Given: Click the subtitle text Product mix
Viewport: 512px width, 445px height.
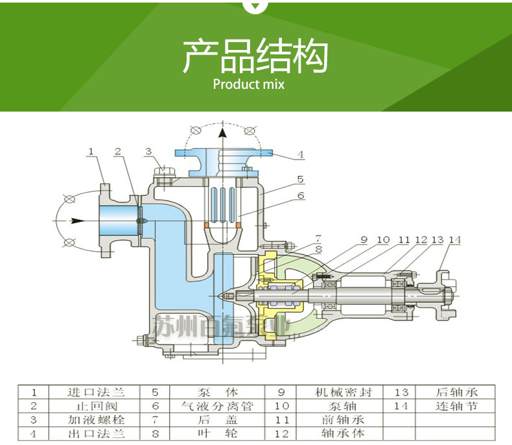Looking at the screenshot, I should click(x=248, y=84).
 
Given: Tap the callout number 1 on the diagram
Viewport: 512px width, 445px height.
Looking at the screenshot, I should click(x=91, y=151).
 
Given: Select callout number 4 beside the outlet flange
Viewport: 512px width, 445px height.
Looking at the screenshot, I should click(x=301, y=154).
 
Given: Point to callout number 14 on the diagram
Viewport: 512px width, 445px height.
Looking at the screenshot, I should click(x=454, y=240).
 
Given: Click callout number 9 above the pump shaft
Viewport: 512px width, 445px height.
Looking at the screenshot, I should click(x=364, y=240).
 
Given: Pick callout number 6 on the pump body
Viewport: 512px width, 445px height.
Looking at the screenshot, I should click(x=301, y=195).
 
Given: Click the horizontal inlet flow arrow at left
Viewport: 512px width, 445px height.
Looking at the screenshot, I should click(x=78, y=221).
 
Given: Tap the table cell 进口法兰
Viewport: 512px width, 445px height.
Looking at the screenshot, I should click(x=95, y=392).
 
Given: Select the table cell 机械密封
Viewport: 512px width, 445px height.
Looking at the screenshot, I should click(x=343, y=392).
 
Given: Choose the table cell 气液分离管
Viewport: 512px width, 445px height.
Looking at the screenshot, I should click(x=217, y=406).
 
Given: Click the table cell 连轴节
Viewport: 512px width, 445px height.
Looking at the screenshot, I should click(x=457, y=406).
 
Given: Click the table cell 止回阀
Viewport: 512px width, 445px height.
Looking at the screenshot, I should click(x=95, y=406).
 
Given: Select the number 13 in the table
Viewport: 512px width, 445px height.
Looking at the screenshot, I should click(x=401, y=392).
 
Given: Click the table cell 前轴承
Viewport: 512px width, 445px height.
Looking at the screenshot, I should click(x=343, y=420).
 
